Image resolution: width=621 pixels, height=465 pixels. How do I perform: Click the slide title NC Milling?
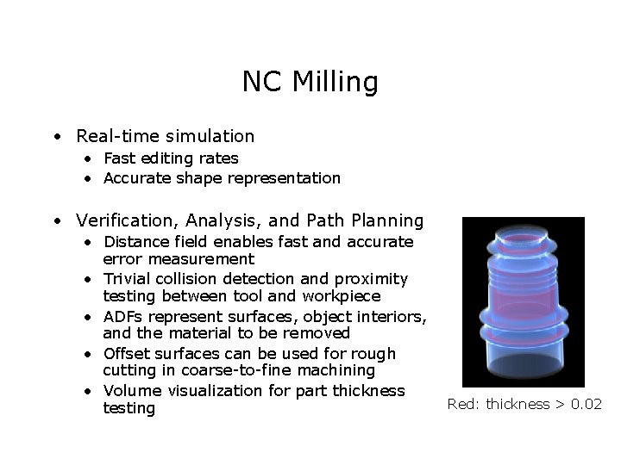point(310,82)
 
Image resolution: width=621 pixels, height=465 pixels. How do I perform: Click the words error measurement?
point(179,259)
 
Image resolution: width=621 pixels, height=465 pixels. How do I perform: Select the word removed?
point(320,333)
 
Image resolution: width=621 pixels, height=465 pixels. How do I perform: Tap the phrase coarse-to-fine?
point(219,370)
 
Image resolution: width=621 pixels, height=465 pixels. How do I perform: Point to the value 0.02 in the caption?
point(586,404)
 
